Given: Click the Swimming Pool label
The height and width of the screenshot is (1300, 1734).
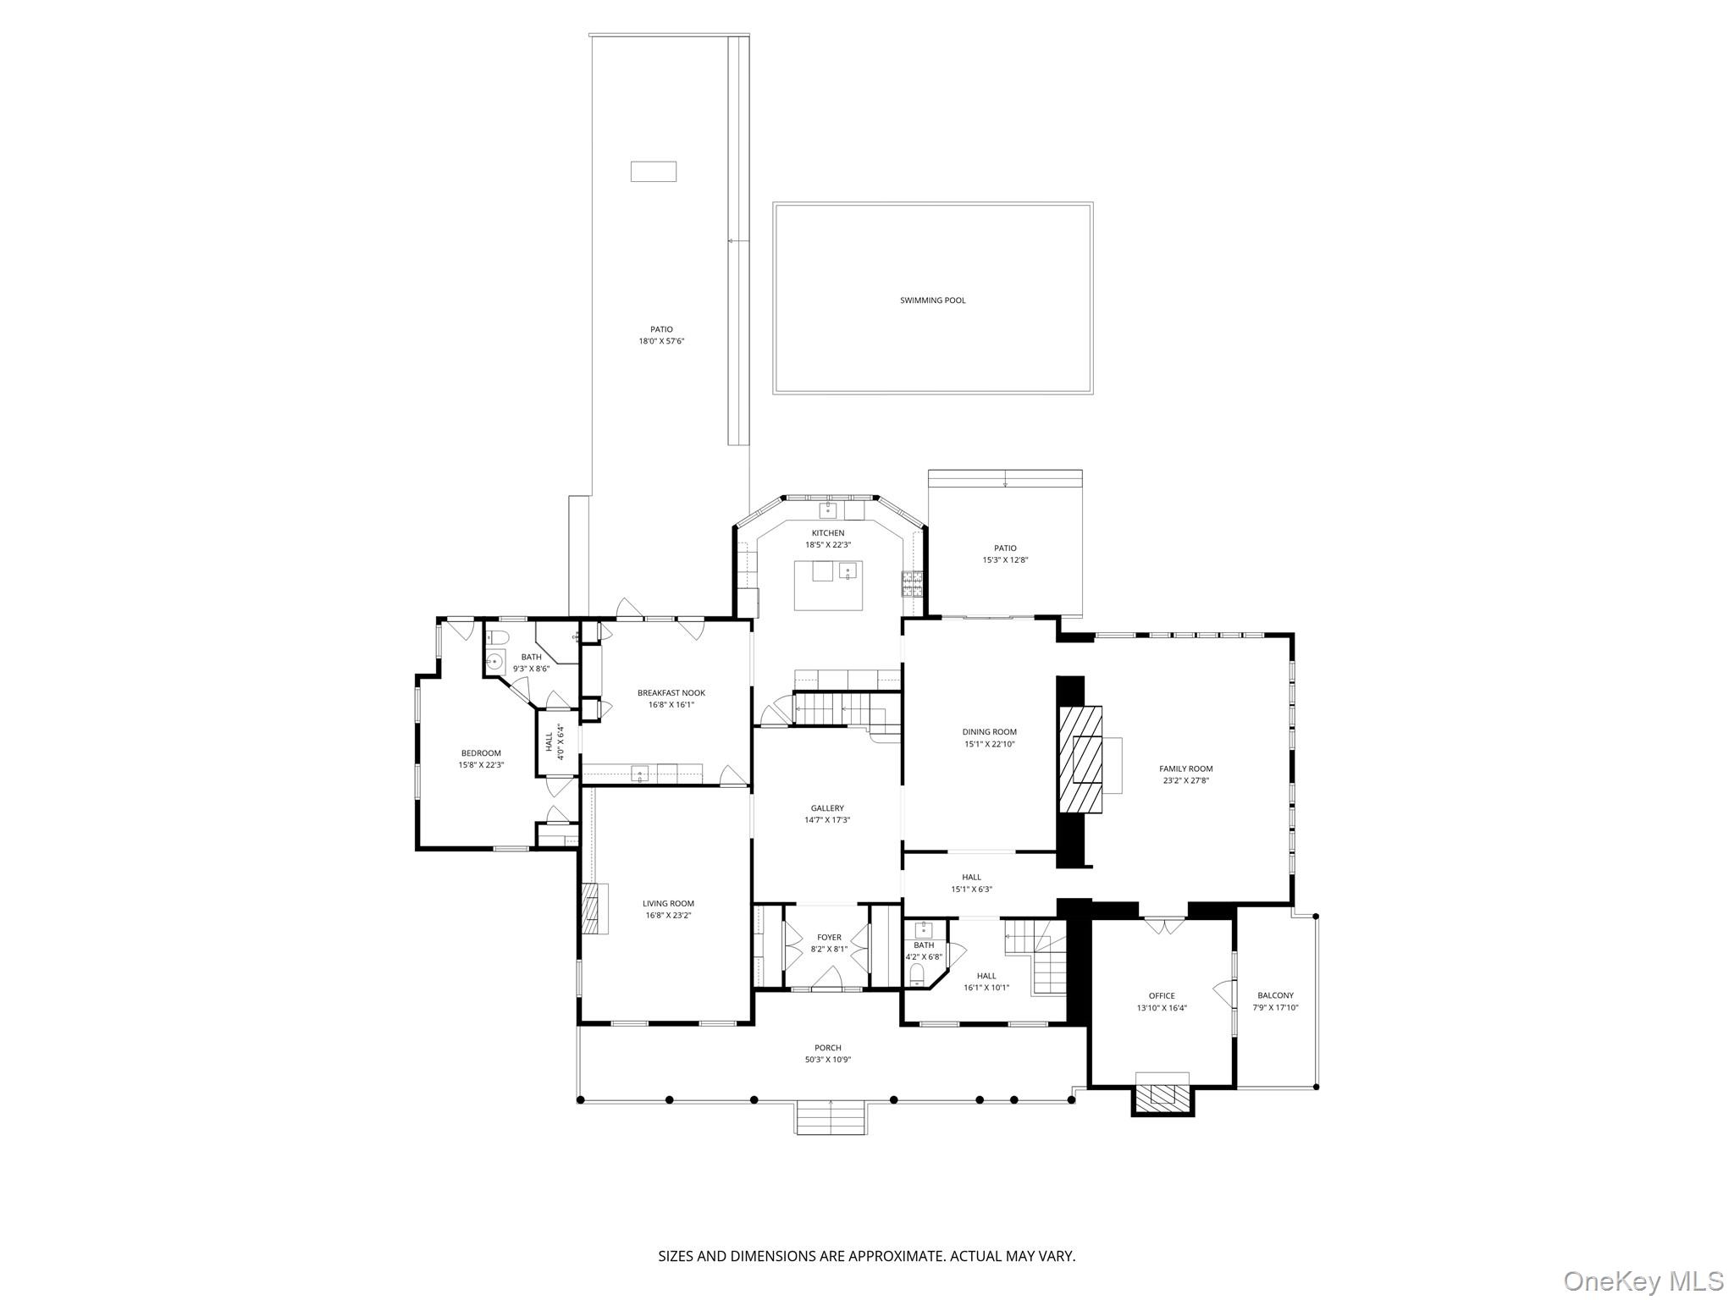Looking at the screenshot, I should [x=932, y=300].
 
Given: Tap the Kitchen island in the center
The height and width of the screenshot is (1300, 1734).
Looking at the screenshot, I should [x=828, y=585].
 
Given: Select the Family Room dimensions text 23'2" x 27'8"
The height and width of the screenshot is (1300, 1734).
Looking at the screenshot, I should [x=1185, y=781].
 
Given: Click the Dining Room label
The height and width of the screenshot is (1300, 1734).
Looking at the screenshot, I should [x=989, y=732].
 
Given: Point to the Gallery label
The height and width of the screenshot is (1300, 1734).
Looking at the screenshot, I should [x=827, y=808].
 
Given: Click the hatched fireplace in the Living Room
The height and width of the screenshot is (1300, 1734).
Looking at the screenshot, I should [x=594, y=908].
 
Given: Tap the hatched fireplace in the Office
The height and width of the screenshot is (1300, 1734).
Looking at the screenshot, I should [x=1162, y=1098].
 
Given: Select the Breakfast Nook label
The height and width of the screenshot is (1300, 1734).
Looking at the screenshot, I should [x=671, y=693].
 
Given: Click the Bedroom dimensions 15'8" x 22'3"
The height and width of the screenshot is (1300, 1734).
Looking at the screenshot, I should [x=481, y=765].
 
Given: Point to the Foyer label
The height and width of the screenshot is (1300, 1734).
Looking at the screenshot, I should [x=829, y=937].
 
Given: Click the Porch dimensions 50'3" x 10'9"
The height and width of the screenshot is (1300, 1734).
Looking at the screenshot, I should [x=827, y=1060].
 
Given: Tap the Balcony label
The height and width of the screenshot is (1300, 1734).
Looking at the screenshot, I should [x=1275, y=995].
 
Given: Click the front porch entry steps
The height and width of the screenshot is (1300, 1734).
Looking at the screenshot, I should [x=830, y=1118].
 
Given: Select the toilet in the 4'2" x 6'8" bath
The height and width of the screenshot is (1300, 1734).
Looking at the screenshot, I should [x=915, y=979].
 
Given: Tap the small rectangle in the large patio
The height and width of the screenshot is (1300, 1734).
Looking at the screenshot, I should [x=653, y=171].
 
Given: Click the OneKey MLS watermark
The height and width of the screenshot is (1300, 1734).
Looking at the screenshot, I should [x=1643, y=1281].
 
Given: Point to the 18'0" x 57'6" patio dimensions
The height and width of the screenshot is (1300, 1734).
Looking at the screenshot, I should [x=660, y=342].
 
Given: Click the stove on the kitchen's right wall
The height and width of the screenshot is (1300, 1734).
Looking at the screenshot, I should [x=912, y=582].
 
